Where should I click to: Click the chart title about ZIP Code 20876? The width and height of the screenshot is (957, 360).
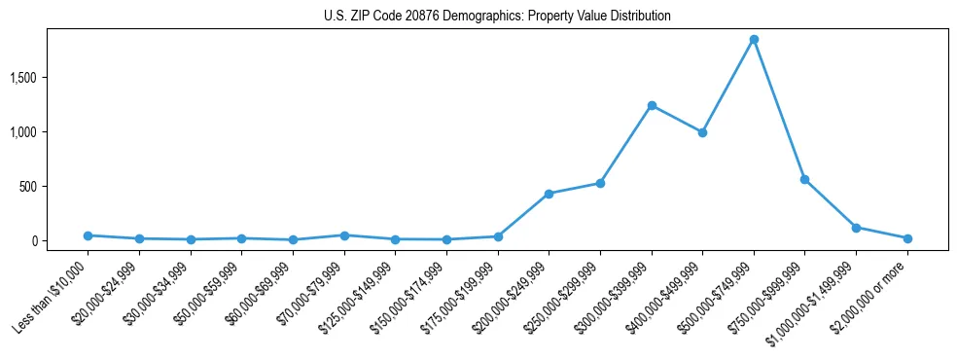click(x=497, y=17)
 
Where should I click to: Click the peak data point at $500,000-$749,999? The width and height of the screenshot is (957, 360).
click(x=754, y=39)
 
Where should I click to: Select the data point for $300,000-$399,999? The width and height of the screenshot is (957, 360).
click(x=652, y=105)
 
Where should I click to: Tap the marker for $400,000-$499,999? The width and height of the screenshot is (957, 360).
click(x=702, y=132)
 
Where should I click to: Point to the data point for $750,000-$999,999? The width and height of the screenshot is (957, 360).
click(x=804, y=179)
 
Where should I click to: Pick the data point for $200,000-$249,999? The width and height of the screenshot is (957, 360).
click(x=549, y=194)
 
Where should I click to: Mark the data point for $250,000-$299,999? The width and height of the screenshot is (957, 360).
click(x=600, y=183)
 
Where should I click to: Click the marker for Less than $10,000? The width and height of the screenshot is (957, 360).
click(x=89, y=235)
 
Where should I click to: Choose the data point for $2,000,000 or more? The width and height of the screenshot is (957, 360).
click(x=906, y=238)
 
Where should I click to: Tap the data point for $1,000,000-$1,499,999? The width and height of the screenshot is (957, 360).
click(x=856, y=228)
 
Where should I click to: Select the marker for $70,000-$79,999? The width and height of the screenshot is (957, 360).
click(x=344, y=235)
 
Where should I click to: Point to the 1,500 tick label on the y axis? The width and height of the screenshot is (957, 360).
click(x=48, y=77)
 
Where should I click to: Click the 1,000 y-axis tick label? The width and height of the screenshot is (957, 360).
click(x=48, y=131)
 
